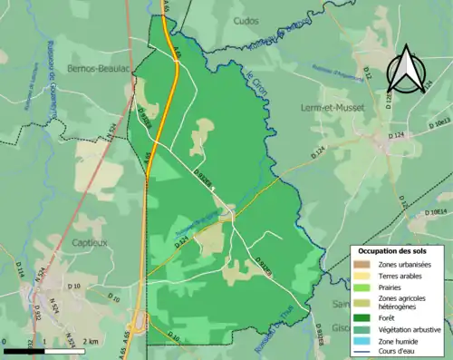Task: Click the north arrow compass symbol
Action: tap(404, 71)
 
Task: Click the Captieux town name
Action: tap(91, 242)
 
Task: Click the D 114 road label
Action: tap(19, 268)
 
